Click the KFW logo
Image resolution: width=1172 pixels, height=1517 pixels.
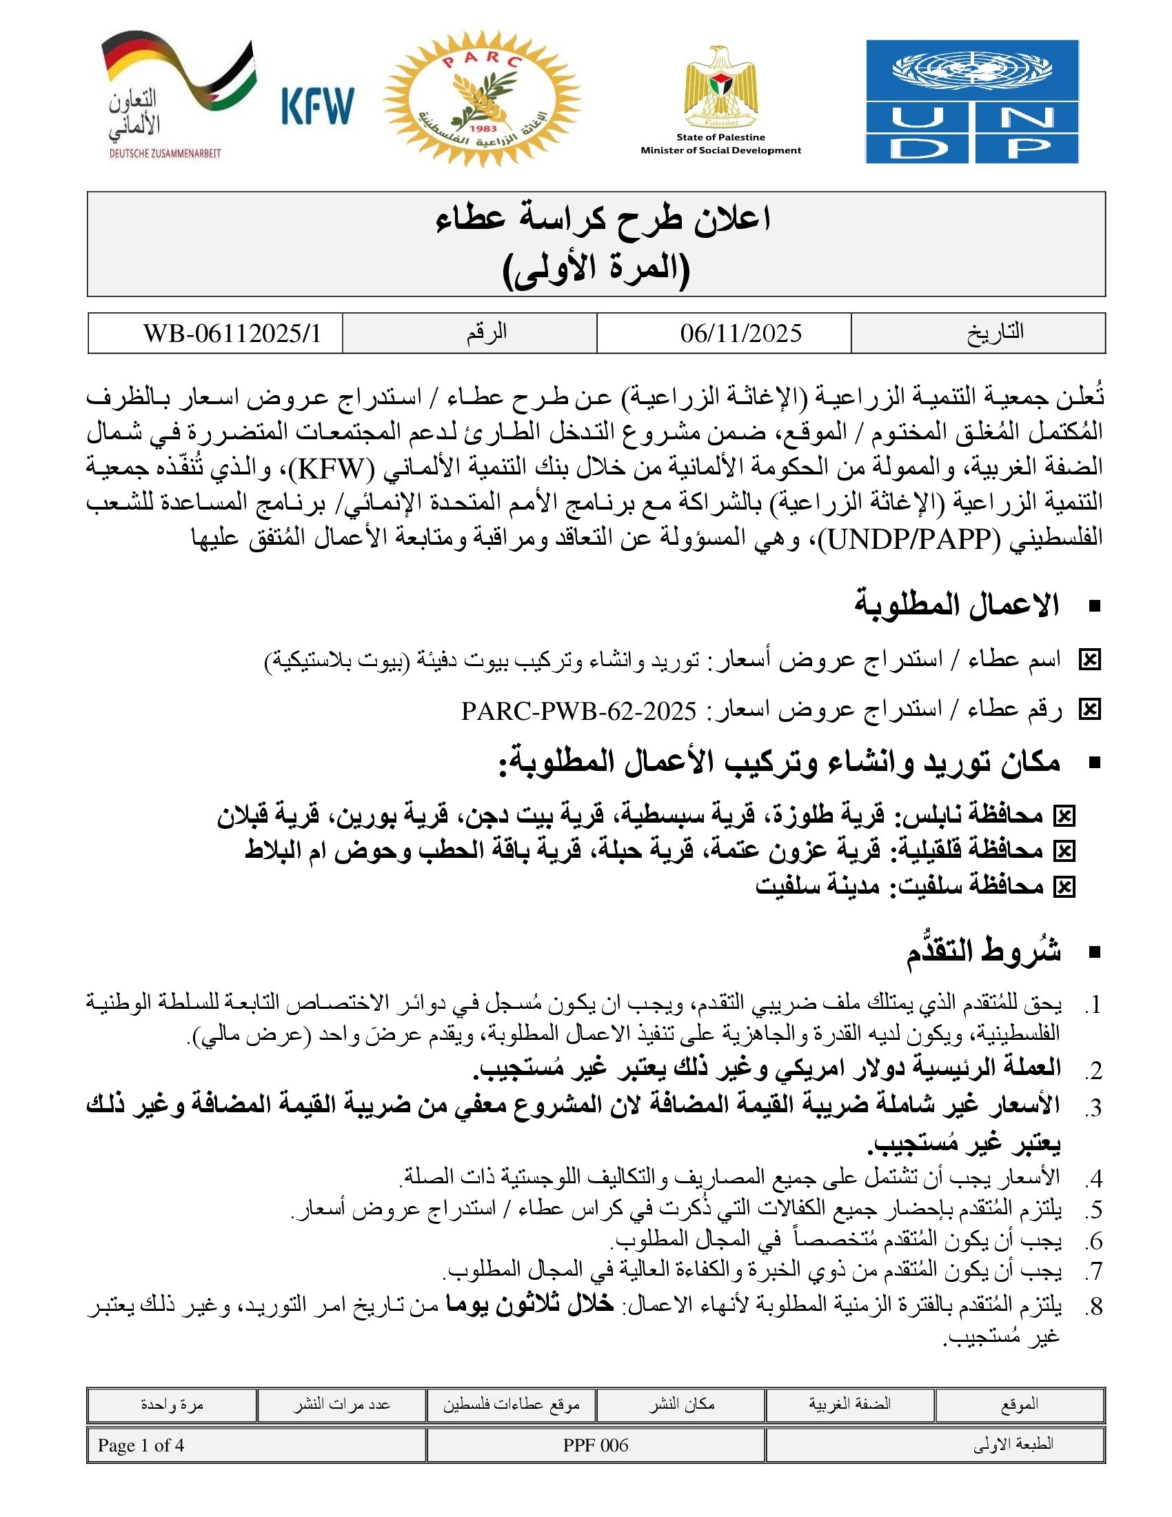pyautogui.click(x=317, y=106)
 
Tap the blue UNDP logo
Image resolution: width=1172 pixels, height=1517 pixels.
pyautogui.click(x=971, y=101)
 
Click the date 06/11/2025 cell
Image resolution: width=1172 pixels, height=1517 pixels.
pyautogui.click(x=740, y=334)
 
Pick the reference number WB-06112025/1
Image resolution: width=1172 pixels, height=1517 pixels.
pyautogui.click(x=232, y=334)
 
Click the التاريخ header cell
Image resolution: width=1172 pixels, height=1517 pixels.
pyautogui.click(x=995, y=333)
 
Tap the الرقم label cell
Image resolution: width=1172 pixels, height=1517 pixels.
pyautogui.click(x=486, y=333)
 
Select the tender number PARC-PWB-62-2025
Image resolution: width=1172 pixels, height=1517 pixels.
pyautogui.click(x=578, y=710)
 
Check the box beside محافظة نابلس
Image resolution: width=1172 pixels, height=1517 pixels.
pyautogui.click(x=1064, y=817)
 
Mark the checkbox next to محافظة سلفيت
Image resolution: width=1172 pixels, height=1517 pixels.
pyautogui.click(x=1064, y=887)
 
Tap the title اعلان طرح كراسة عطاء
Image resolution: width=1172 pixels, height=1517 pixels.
pyautogui.click(x=603, y=220)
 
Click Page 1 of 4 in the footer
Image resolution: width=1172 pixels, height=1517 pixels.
pyautogui.click(x=141, y=1445)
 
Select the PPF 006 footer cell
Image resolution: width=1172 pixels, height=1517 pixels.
pyautogui.click(x=595, y=1445)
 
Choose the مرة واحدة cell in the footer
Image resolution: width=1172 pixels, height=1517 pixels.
pyautogui.click(x=172, y=1405)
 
